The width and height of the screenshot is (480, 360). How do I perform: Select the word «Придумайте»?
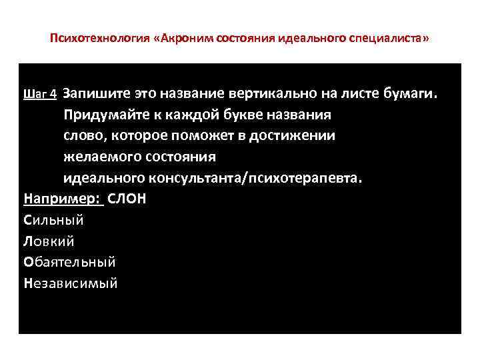click(104, 114)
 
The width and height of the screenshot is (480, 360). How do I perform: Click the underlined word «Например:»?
click(63, 199)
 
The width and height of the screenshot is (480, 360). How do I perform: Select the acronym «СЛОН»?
click(127, 199)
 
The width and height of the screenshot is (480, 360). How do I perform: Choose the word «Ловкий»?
click(49, 241)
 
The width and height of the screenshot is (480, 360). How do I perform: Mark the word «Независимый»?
click(70, 283)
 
